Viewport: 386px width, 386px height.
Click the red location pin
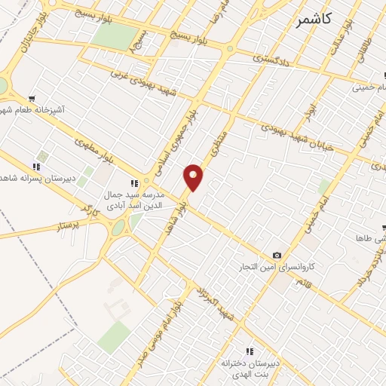[x=194, y=176]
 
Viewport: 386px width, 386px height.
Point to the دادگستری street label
[x=268, y=54]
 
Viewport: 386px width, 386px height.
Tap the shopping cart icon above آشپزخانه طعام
[x=32, y=99]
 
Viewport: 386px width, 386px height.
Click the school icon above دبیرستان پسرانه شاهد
[x=35, y=167]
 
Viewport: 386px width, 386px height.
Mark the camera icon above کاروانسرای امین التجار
[x=277, y=256]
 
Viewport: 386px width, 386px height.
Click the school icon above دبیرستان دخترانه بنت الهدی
[x=250, y=351]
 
